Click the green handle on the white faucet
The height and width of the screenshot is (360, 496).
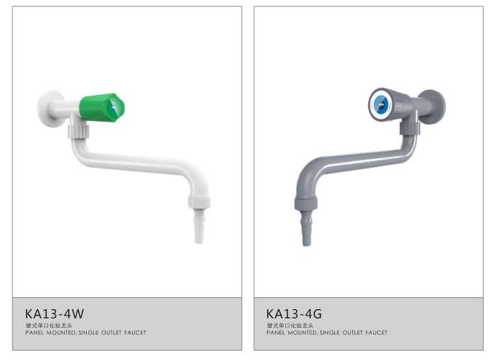click(101, 107)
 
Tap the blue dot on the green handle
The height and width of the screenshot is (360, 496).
click(114, 109)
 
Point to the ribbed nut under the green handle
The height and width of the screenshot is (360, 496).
click(79, 131)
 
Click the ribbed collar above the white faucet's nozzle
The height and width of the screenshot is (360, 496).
click(199, 202)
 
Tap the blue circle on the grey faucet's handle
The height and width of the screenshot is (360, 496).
click(381, 104)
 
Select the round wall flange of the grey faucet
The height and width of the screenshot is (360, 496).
click(433, 106)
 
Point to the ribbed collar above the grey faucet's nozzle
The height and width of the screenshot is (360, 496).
click(306, 203)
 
